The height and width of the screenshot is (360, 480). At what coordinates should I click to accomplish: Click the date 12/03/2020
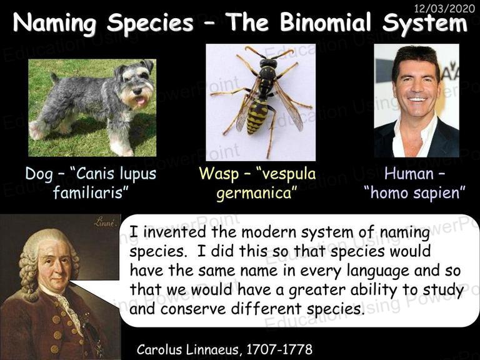444,8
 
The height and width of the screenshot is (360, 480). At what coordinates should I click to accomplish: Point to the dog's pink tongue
141,101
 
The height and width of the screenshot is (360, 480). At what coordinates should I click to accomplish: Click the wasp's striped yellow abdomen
256,116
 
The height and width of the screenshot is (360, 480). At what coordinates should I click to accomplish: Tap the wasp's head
268,63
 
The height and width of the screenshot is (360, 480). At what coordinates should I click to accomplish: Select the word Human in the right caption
409,174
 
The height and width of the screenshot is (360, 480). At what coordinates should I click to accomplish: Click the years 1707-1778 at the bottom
279,349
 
